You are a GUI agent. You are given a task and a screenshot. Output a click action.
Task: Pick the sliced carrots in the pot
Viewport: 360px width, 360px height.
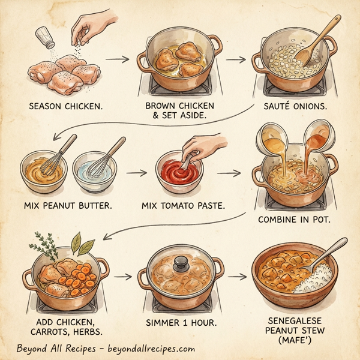(77, 277)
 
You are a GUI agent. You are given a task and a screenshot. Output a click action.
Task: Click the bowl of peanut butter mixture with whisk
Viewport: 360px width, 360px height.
(42, 171)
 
